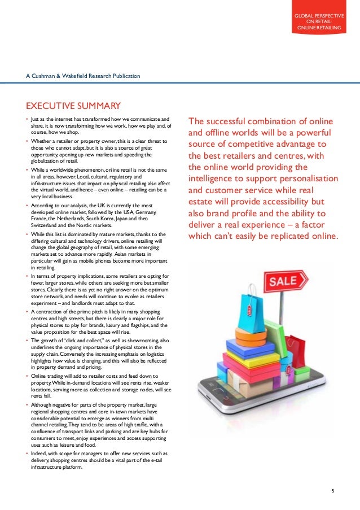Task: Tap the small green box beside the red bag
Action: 286,361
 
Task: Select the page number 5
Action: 333,490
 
